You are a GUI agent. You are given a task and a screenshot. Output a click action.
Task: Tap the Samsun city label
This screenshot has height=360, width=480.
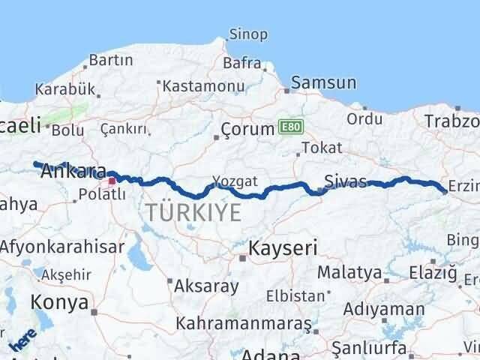(319, 82)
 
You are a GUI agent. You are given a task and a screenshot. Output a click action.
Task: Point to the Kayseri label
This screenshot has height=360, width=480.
(283, 247)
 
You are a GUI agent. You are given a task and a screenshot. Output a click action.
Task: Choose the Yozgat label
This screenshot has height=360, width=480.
(234, 181)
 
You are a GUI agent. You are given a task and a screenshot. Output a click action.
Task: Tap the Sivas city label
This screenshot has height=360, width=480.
(346, 181)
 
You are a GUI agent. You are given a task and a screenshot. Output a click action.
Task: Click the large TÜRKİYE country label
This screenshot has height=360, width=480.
(193, 212)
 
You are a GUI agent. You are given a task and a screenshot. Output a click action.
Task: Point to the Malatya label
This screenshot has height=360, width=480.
(349, 271)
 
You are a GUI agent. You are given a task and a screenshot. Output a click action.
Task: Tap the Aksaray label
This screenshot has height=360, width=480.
(206, 286)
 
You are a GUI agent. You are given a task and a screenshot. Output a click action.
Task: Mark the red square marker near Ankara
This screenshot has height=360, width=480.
(112, 180)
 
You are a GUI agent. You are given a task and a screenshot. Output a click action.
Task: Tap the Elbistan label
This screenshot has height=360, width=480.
(296, 295)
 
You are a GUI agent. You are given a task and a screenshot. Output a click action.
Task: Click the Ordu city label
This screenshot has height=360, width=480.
(365, 118)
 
